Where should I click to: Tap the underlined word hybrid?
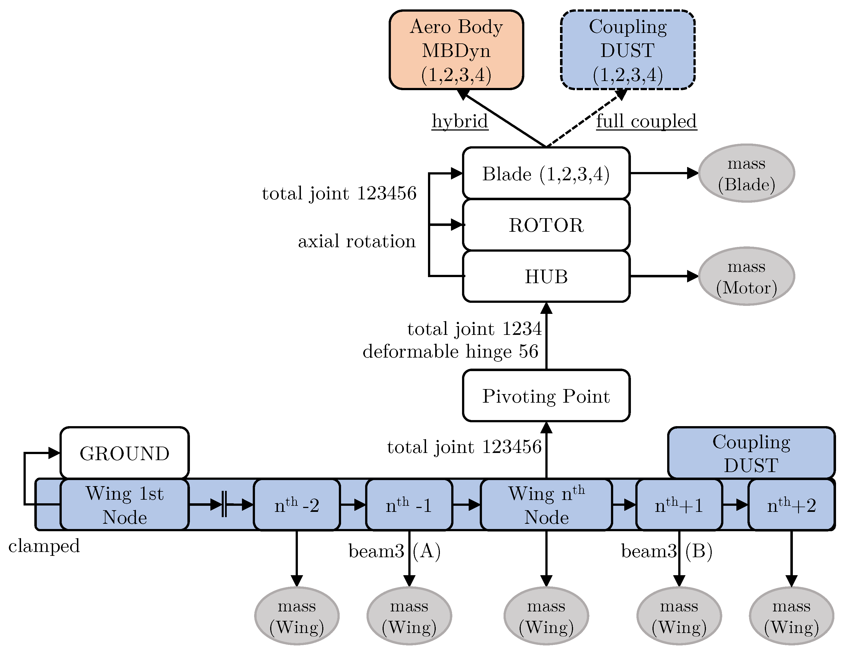coord(460,121)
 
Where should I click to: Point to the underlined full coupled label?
coord(646,121)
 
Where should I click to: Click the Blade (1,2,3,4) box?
coord(546,173)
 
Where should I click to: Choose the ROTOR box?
coord(546,225)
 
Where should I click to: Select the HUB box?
coord(546,276)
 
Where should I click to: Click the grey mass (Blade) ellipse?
coord(746,173)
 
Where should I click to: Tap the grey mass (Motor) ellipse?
coord(746,276)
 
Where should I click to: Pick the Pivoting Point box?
coord(546,395)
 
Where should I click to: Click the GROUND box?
coord(124,453)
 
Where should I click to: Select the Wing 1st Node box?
coord(124,505)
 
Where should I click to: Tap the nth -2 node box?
coord(297,505)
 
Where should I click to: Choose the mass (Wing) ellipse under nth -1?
coord(409,616)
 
